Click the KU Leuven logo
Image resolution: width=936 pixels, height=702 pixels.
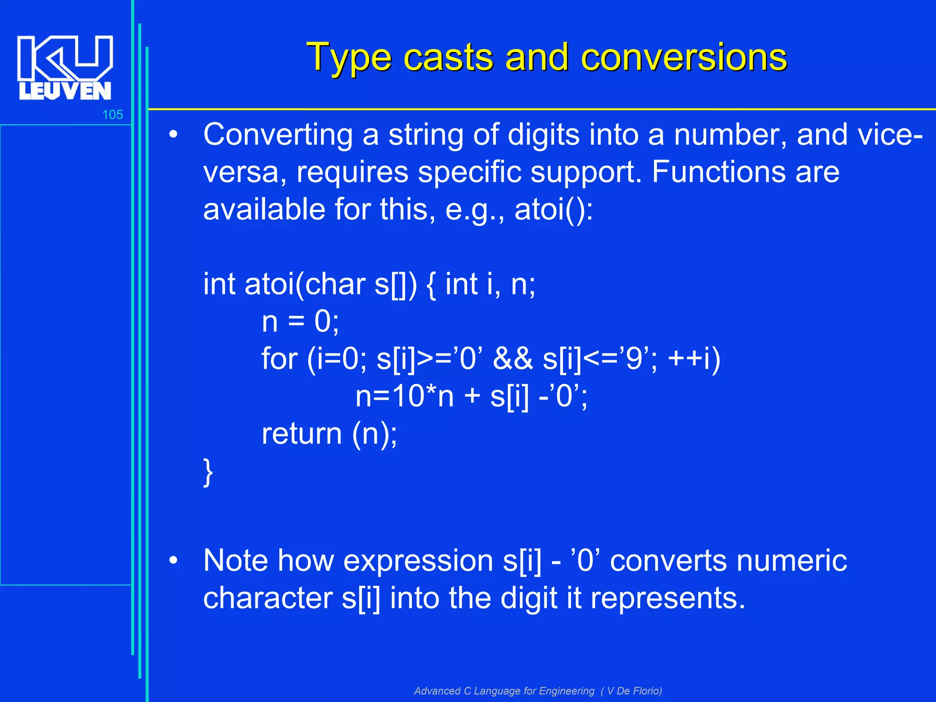point(65,68)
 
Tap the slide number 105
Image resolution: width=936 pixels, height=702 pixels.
point(112,115)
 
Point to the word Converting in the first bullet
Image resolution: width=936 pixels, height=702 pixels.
point(278,135)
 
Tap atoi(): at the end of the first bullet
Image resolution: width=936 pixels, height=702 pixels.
point(553,210)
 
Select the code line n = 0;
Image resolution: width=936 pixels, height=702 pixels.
point(300,322)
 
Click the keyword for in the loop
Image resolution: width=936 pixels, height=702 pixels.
point(279,359)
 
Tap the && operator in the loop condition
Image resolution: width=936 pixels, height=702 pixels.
point(513,359)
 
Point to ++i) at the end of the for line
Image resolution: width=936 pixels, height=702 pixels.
point(694,359)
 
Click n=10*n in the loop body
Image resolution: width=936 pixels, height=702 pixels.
point(404,396)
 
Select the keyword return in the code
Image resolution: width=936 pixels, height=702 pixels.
point(302,434)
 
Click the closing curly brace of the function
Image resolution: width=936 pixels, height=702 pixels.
point(208,473)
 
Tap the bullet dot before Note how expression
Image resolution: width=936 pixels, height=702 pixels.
point(173,560)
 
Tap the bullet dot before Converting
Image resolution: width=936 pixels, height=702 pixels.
point(173,135)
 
